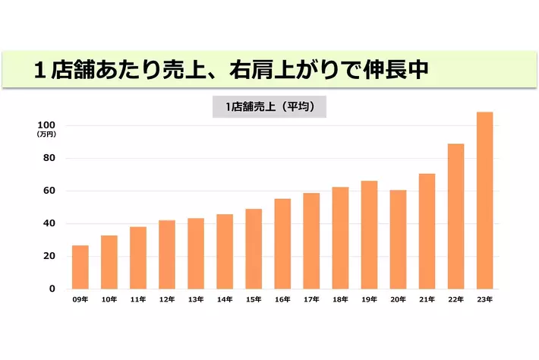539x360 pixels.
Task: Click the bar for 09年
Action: tap(80, 267)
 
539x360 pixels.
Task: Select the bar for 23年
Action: tap(484, 201)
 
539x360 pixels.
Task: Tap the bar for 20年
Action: tap(398, 239)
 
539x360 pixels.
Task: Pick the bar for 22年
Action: tap(455, 216)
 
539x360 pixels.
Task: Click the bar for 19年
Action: tap(369, 235)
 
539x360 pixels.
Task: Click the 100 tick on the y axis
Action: tap(46, 125)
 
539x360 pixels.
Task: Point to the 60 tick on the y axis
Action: tap(49, 191)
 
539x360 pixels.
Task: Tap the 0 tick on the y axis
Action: tap(52, 289)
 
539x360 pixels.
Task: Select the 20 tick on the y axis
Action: tap(49, 256)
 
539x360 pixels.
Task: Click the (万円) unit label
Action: tap(46, 134)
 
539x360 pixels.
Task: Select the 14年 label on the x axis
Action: tap(225, 300)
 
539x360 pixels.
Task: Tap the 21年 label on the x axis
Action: tap(427, 300)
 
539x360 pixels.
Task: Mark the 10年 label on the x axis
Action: tap(109, 300)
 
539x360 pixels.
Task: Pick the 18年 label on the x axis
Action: tap(340, 300)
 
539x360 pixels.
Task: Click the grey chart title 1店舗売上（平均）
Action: tap(269, 108)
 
